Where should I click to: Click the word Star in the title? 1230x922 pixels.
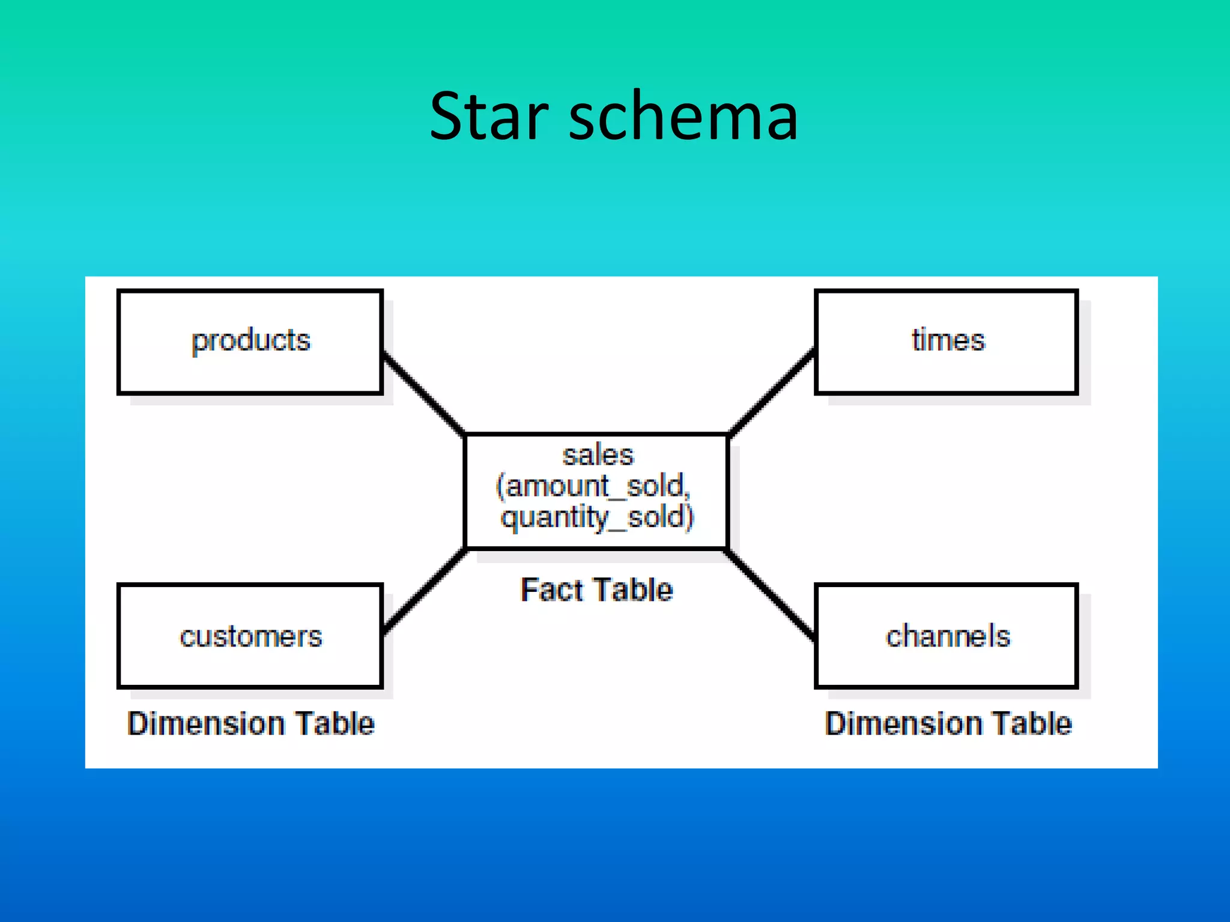coord(489,116)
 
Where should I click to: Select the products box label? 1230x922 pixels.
coord(251,341)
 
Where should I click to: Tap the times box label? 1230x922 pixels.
coord(948,340)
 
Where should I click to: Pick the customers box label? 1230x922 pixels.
coord(251,636)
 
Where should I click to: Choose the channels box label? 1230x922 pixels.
coord(948,636)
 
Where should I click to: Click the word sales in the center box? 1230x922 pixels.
coord(598,455)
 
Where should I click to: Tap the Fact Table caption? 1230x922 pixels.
coord(596,589)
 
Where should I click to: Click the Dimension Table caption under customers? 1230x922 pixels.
coord(251,723)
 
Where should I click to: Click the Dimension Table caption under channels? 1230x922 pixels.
coord(948,723)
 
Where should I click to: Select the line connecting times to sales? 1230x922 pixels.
coord(772,391)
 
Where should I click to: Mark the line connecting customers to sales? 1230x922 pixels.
coord(425,589)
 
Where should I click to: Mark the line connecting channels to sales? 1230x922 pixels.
coord(771,594)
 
